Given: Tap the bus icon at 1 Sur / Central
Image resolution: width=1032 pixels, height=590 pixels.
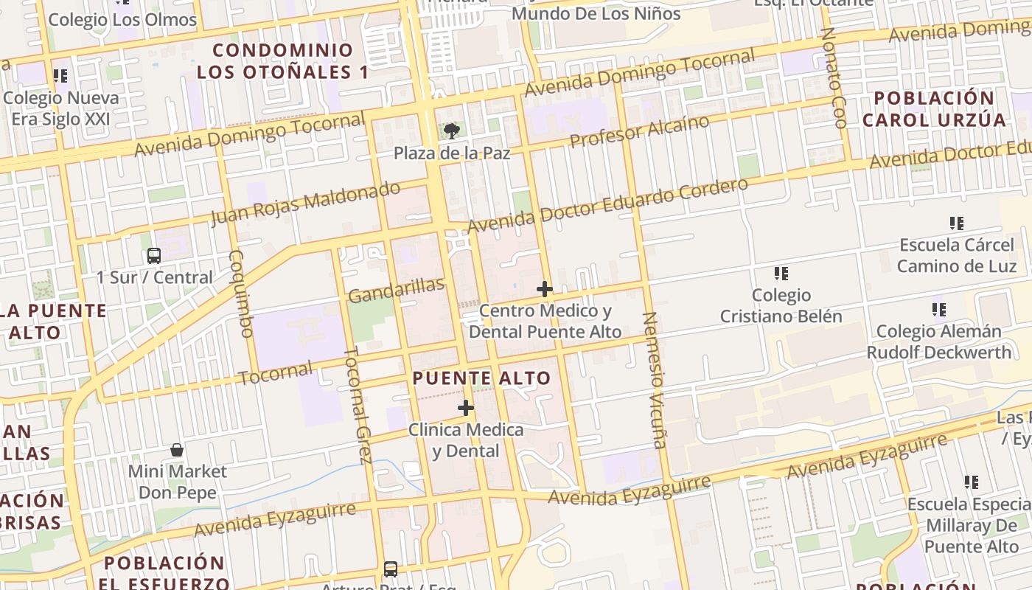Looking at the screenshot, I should click(154, 256).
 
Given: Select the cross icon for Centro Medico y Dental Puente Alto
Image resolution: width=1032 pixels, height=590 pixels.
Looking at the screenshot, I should click(545, 288).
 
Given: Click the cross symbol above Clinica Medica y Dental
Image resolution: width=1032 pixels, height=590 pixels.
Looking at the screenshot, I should click(466, 408).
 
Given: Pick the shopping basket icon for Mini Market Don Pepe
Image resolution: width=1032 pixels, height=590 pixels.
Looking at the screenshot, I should click(177, 449).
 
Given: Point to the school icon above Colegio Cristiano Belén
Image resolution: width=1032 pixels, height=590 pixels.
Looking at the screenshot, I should click(781, 274).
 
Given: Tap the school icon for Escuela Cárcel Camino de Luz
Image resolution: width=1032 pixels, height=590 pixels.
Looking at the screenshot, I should click(957, 223).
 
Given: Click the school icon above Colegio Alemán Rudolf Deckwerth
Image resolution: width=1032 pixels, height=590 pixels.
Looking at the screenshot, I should click(938, 310).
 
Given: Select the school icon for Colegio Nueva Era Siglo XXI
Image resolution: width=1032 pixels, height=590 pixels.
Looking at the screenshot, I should click(60, 75).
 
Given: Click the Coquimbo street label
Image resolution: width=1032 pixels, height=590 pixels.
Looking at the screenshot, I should click(241, 294).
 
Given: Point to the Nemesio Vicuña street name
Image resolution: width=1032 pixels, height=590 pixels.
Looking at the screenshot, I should click(654, 380).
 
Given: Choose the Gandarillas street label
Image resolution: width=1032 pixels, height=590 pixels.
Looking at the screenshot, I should click(396, 290).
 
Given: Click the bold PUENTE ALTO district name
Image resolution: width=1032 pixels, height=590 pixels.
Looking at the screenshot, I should click(481, 378).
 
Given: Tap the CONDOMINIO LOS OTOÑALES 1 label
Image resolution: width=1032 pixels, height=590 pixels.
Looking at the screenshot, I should click(283, 61).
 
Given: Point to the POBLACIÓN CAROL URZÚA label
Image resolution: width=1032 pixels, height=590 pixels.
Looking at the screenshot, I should click(934, 109).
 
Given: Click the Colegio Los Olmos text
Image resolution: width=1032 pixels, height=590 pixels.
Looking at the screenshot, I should click(122, 19).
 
